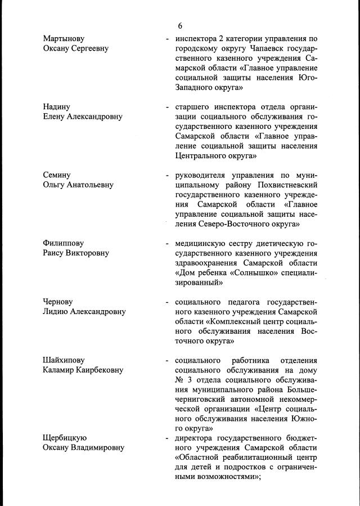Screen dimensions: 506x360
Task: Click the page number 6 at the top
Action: (180, 26)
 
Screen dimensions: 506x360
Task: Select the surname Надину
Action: (57, 106)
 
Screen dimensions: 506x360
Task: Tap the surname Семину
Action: (57, 175)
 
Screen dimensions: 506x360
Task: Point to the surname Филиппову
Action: (63, 243)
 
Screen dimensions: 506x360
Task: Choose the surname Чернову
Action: (58, 302)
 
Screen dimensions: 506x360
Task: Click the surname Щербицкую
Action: (65, 437)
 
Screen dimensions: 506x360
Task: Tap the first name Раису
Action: (55, 253)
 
